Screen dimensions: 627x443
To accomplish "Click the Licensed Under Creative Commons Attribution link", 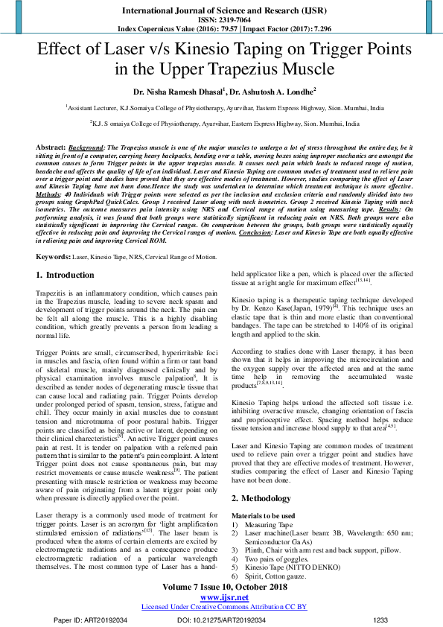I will [220, 607].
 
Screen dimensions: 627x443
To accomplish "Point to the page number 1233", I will [380, 620].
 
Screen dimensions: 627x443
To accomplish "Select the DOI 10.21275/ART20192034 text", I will [221, 620].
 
